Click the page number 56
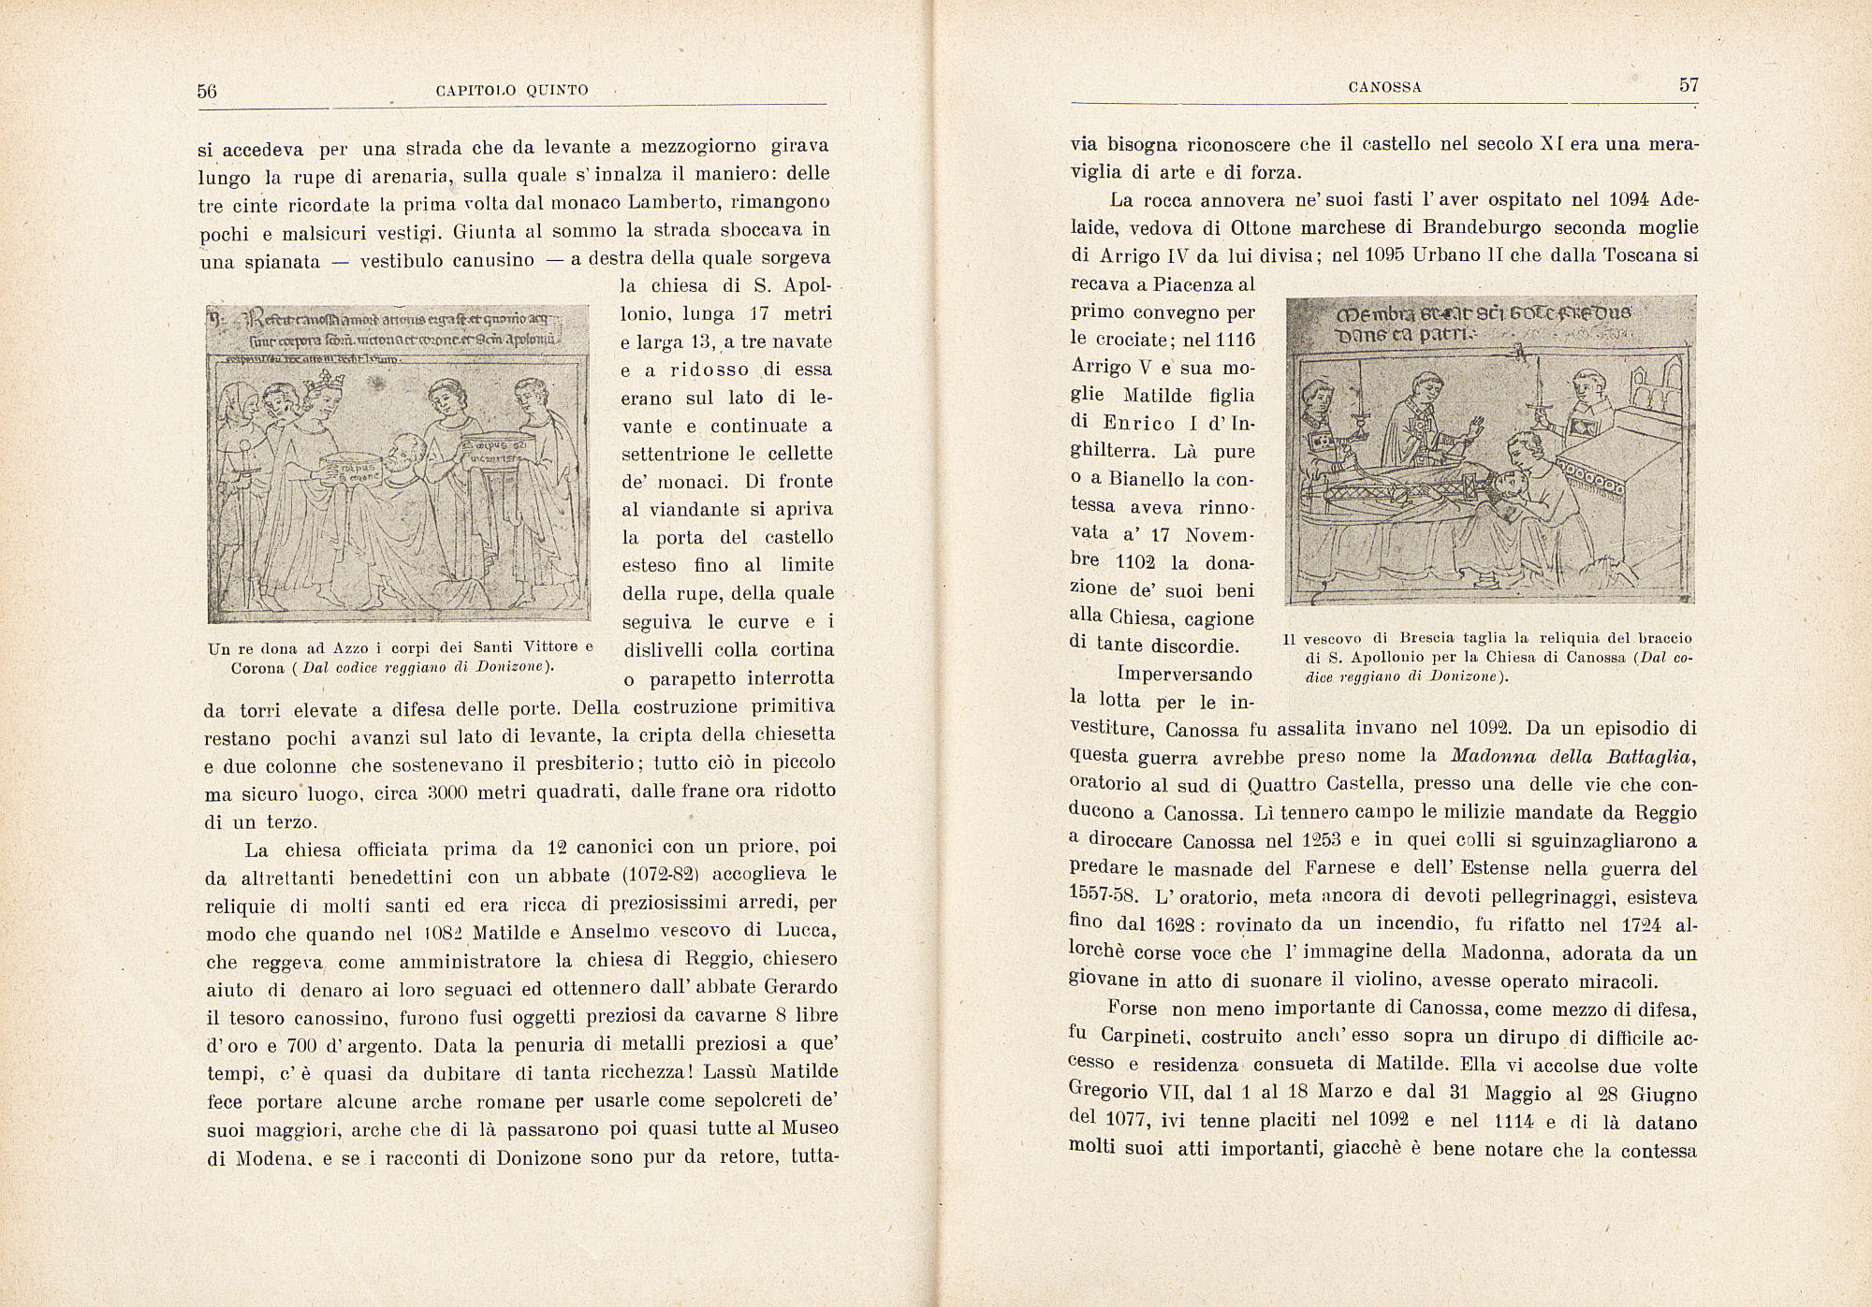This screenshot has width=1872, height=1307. click(x=207, y=91)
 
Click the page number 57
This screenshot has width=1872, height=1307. click(x=1689, y=85)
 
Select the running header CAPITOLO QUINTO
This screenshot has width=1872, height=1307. click(x=513, y=91)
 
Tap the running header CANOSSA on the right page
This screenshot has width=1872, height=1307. click(x=1385, y=88)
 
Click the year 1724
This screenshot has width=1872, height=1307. click(x=1637, y=925)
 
